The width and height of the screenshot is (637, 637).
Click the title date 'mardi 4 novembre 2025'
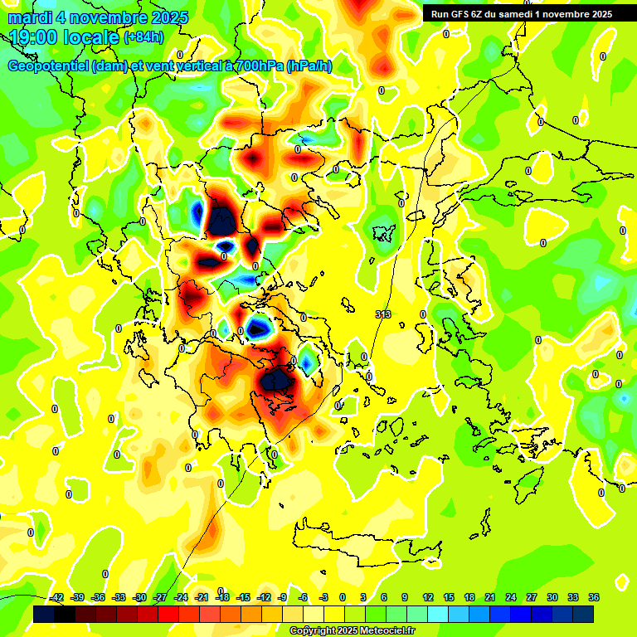coord(98,17)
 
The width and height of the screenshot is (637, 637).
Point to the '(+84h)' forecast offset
coord(143,37)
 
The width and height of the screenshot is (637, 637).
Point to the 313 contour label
coord(383,314)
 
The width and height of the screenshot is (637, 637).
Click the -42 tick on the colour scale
coord(57,597)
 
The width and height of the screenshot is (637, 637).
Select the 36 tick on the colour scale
coord(594,597)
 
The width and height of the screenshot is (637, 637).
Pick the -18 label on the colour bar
coord(222,597)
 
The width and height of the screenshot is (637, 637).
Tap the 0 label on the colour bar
coord(343,597)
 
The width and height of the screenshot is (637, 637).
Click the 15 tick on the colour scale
coord(448,597)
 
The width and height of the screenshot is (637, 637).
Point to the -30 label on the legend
coord(139,597)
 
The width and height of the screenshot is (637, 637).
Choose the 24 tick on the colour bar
coord(510,597)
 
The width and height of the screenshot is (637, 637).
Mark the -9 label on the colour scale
coord(283,597)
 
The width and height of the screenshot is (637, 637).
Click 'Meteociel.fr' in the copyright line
coord(387,631)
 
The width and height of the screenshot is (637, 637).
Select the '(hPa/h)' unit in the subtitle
coord(309,66)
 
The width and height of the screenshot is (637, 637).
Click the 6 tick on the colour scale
coord(384,597)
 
